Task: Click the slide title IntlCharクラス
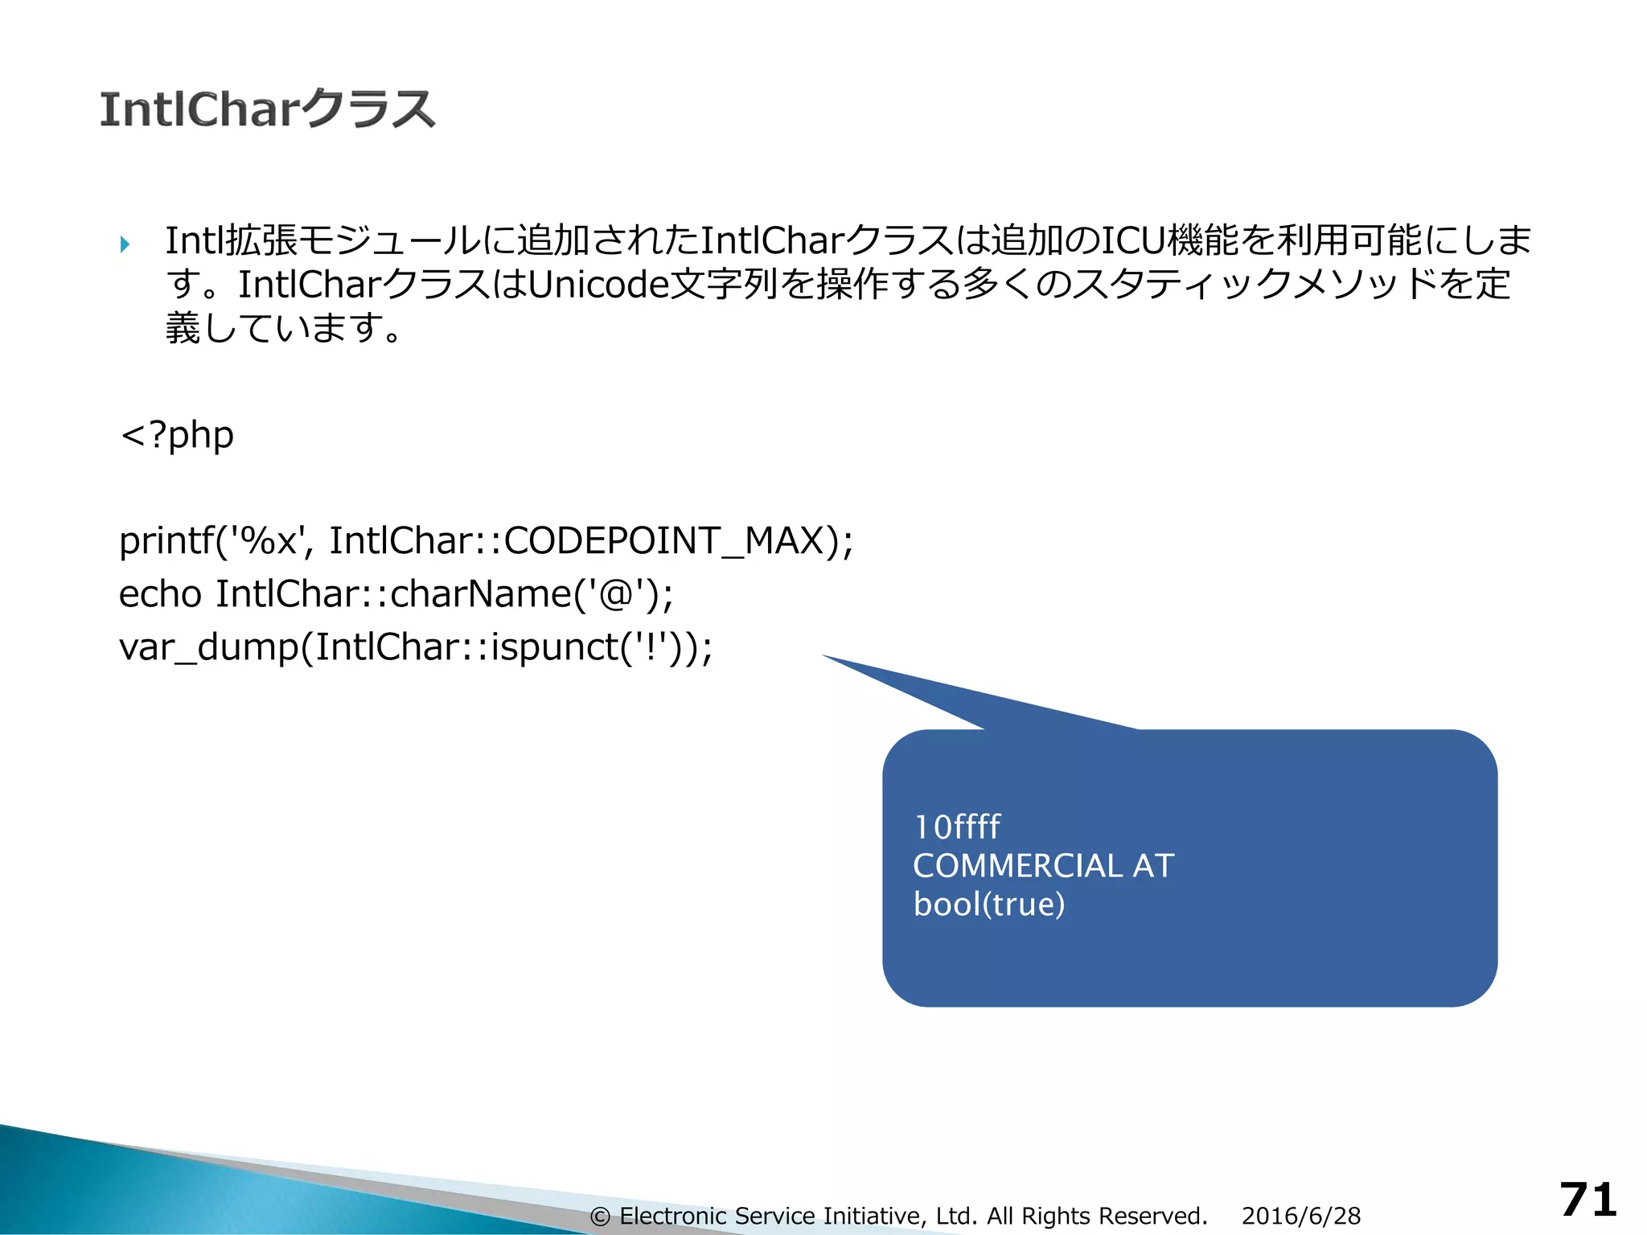coord(267,109)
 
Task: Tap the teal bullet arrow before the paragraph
coord(125,244)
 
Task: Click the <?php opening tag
coord(177,435)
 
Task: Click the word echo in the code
coord(160,594)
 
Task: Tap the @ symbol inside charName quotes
coord(616,594)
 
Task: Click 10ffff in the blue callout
coord(957,827)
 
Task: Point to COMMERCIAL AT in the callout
coord(1043,866)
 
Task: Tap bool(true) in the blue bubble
coord(989,905)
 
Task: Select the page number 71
coord(1587,1200)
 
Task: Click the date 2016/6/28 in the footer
coord(1301,1216)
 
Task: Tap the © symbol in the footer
coord(600,1217)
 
